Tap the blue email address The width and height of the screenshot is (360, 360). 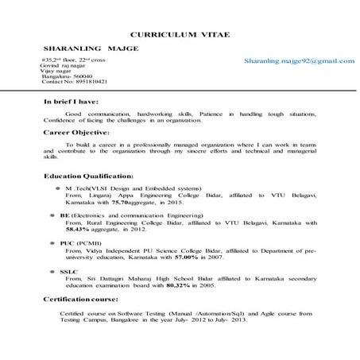click(x=299, y=60)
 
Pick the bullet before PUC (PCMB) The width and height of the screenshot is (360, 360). click(x=52, y=242)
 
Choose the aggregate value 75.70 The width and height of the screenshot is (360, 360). click(x=123, y=203)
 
